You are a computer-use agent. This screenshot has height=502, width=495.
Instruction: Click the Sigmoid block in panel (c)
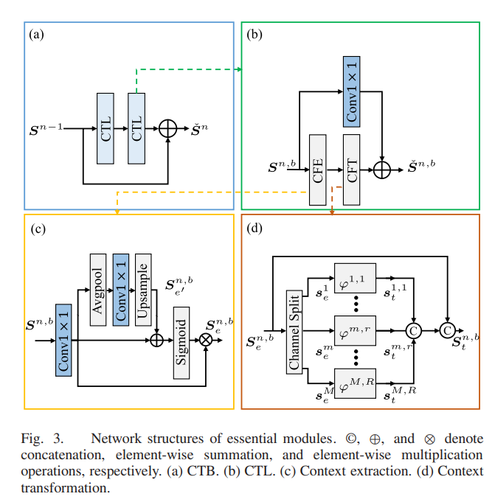coord(181,343)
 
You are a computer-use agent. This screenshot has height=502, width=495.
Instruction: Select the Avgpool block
coord(98,290)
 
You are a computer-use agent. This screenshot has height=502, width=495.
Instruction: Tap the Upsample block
coord(143,290)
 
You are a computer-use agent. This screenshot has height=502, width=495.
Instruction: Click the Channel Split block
coord(294,332)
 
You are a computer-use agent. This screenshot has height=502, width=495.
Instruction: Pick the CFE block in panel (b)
coord(317,170)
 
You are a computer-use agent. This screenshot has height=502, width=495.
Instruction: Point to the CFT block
coord(351,170)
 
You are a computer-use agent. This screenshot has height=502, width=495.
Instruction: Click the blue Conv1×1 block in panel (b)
coord(351,91)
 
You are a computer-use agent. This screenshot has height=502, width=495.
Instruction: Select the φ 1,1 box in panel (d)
coord(355,278)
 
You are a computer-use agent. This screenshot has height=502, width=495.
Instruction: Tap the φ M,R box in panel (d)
coord(355,383)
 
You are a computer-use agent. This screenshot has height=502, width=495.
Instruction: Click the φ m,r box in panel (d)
coord(355,330)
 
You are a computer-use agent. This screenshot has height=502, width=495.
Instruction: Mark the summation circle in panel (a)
coord(168,128)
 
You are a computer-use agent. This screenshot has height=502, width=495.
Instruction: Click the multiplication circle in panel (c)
coord(206,340)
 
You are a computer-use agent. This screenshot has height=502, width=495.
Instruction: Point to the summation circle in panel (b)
coord(382,170)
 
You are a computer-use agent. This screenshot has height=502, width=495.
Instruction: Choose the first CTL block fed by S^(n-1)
coord(105,128)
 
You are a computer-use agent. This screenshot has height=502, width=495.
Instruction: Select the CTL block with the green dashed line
coord(136,128)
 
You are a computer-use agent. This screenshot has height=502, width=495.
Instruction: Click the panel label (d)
coord(255,229)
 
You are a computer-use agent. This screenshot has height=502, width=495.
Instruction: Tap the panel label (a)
coord(36,34)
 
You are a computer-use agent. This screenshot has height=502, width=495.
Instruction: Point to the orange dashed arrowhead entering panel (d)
coord(332,212)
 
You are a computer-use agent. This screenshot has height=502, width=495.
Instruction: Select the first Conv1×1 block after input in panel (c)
coord(63,340)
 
